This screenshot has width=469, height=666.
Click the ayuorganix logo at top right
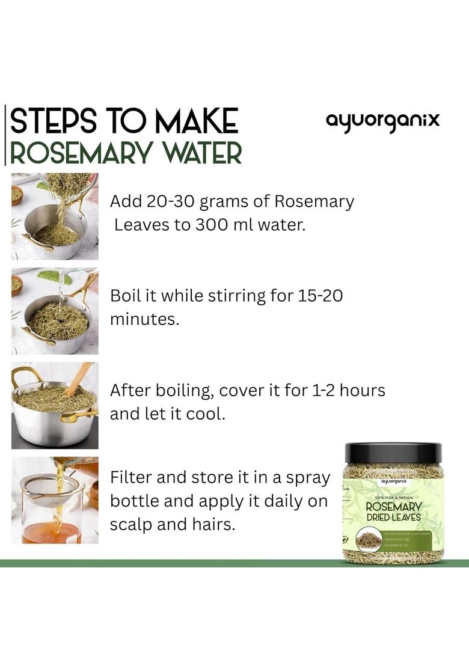[382, 120]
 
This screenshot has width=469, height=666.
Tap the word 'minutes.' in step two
[144, 319]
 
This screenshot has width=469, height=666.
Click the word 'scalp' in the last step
[129, 524]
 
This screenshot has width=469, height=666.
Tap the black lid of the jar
[393, 453]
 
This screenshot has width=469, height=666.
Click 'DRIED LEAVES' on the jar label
[394, 518]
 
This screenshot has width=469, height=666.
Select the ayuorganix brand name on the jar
[394, 481]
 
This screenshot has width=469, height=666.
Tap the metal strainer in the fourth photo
[48, 486]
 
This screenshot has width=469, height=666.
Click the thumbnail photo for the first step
[55, 216]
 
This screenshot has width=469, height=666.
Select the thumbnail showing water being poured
[55, 311]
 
